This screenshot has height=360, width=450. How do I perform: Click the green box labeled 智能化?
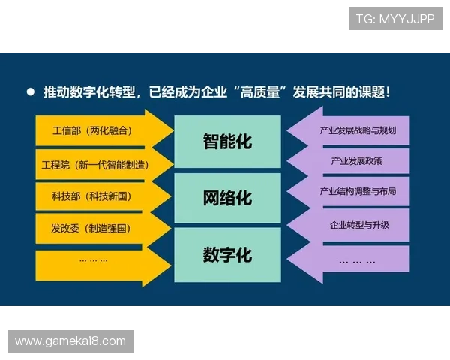(227, 141)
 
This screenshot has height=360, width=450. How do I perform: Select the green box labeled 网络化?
(227, 198)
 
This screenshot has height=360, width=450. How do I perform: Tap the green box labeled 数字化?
(227, 255)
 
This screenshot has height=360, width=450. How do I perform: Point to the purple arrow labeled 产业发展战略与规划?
(358, 130)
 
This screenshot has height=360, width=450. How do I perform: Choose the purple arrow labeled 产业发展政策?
(358, 161)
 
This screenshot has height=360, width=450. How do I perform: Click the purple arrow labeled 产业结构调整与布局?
(358, 193)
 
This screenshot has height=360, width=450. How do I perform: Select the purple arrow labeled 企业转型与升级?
(358, 225)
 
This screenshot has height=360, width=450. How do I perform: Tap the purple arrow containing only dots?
(358, 260)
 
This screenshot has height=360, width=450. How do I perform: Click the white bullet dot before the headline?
(31, 92)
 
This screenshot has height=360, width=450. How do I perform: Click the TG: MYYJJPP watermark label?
(395, 18)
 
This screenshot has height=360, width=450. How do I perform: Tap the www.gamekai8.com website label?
(71, 341)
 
